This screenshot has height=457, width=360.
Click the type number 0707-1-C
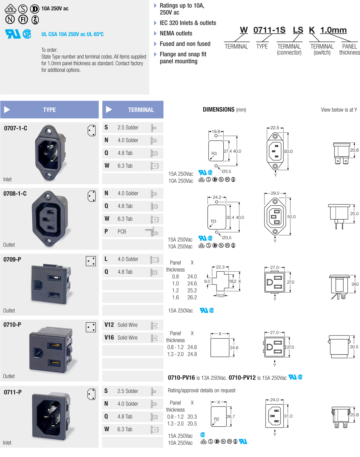pos(16,128)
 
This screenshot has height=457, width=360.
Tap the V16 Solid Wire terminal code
pos(121,338)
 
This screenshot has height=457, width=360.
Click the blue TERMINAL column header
pos(133,110)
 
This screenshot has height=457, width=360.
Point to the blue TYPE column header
pos(49,110)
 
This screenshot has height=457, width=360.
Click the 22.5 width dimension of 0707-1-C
pos(275,128)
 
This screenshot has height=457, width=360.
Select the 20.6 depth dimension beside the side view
pos(354,150)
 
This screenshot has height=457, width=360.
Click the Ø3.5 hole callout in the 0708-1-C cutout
pos(227,238)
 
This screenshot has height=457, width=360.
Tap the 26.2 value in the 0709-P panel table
pos(192,297)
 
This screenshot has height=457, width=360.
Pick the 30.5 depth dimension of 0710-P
pos(354,347)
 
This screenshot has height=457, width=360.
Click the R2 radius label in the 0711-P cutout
pos(217,419)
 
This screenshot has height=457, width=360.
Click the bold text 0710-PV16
pos(181,378)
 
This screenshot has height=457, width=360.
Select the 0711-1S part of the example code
pos(269,30)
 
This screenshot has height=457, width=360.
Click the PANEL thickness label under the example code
pos(349,50)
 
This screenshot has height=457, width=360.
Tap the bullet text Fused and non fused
pos(185,44)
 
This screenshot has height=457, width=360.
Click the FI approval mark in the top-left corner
pos(23,19)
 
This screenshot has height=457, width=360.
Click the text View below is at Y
pos(339,110)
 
